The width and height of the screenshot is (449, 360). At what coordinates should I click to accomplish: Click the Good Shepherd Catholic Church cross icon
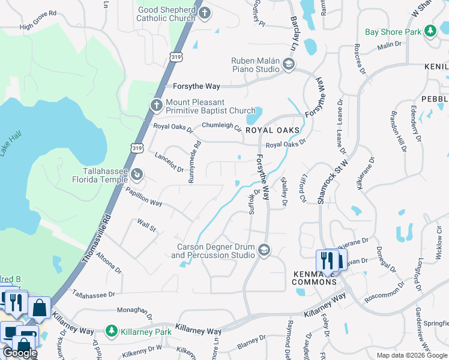pyautogui.click(x=205, y=13)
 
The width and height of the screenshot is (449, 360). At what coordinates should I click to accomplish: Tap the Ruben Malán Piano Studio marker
pyautogui.click(x=288, y=64)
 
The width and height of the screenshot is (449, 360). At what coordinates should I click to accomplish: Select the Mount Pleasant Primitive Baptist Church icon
pyautogui.click(x=156, y=106)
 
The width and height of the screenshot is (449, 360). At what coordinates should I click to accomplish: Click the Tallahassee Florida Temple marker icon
pyautogui.click(x=137, y=174)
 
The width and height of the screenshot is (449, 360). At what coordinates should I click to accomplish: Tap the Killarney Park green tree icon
pyautogui.click(x=110, y=331)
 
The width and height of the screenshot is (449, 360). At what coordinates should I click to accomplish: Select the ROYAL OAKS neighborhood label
pyautogui.click(x=272, y=130)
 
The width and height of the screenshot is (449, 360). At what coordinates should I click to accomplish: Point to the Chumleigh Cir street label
pyautogui.click(x=221, y=127)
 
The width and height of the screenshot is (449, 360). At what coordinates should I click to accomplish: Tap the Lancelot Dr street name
pyautogui.click(x=169, y=162)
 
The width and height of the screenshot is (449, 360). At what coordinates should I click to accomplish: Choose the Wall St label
pyautogui.click(x=146, y=227)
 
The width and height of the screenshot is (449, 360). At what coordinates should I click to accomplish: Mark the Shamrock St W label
pyautogui.click(x=326, y=179)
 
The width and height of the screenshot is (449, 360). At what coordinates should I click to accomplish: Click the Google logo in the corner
pyautogui.click(x=20, y=353)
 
